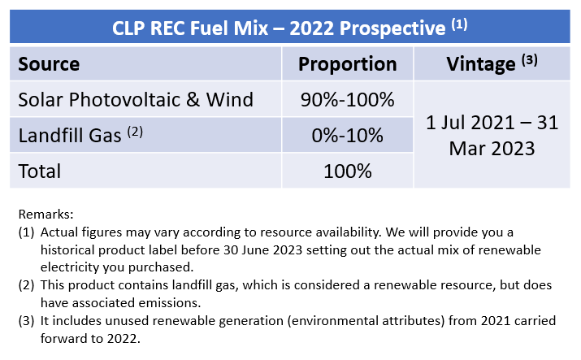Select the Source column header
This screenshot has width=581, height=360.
click(49, 64)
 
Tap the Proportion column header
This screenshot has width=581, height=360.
click(347, 64)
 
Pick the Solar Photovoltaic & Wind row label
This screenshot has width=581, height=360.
click(136, 100)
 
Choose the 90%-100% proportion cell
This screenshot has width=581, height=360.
click(347, 100)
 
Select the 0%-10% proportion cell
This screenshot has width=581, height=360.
click(347, 136)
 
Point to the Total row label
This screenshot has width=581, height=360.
click(40, 171)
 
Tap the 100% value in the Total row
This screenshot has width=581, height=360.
click(347, 171)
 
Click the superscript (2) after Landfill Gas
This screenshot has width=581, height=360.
click(135, 130)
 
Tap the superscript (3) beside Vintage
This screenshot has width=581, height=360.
click(531, 59)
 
